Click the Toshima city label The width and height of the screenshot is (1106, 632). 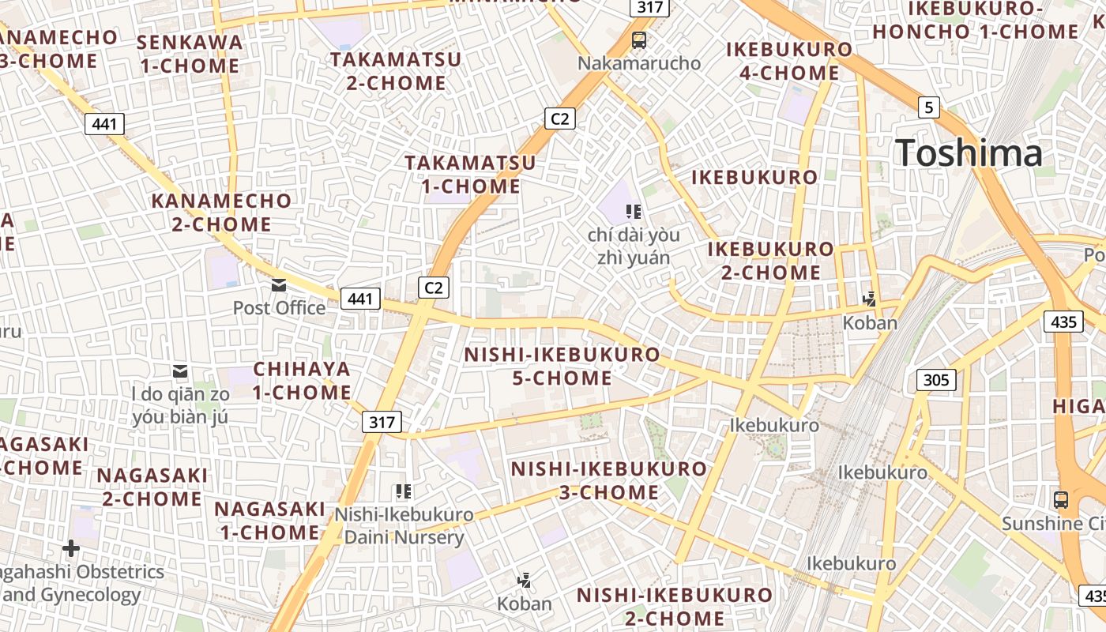point(969,152)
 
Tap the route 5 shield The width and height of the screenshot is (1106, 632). point(928,107)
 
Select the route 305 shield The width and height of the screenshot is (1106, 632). point(936,380)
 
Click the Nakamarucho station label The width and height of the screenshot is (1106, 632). point(639,63)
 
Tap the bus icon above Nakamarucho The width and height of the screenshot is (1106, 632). point(639,39)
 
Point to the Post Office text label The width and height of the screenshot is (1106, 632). point(279,307)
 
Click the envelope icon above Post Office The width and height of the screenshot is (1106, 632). point(279,284)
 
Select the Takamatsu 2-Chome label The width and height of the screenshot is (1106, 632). point(396,71)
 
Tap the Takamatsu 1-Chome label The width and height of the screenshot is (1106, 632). point(470,175)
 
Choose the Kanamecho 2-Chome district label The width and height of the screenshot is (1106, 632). point(222,213)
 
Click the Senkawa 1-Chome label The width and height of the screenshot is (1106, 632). point(190,54)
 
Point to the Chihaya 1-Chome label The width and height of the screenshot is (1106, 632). point(302,381)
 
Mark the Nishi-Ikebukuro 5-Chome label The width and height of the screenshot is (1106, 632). point(562,366)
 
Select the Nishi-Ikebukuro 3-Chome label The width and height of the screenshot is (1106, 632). point(608,480)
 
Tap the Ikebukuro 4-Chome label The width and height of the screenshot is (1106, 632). point(789,61)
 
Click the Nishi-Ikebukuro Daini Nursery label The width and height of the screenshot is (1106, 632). point(404,526)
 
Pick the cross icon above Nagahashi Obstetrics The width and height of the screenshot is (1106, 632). point(71,547)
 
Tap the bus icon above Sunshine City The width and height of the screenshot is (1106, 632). point(1060,499)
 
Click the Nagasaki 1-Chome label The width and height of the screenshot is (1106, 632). point(269,521)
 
